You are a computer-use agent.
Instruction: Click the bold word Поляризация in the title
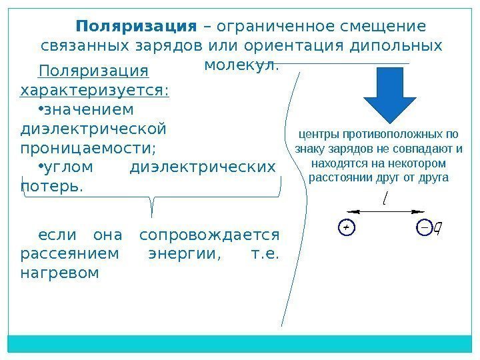(x=137, y=27)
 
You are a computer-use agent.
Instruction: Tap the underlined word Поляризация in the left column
(x=93, y=71)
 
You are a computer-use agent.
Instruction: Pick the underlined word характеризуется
(x=95, y=89)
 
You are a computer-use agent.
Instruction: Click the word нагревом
(x=59, y=273)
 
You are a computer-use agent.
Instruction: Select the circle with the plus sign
(x=345, y=227)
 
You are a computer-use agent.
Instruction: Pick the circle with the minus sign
(x=424, y=227)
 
